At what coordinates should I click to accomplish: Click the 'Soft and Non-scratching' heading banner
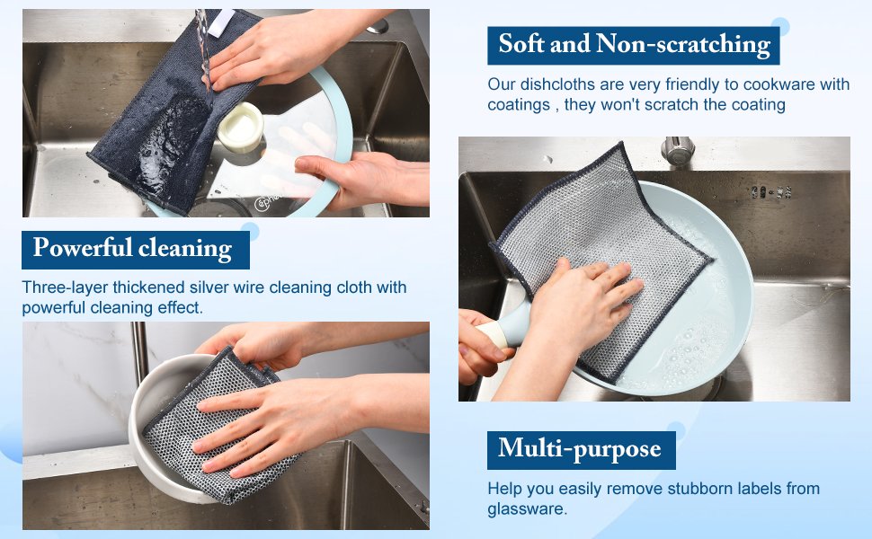click(634, 45)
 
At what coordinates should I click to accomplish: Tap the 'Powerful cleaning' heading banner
click(136, 250)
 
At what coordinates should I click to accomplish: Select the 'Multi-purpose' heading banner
click(581, 449)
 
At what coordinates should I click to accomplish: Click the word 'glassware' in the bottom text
click(526, 509)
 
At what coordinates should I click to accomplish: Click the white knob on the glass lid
click(240, 128)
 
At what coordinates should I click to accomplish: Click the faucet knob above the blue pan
click(677, 150)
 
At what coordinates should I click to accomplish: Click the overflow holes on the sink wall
click(770, 192)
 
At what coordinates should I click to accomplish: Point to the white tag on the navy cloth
click(221, 22)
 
